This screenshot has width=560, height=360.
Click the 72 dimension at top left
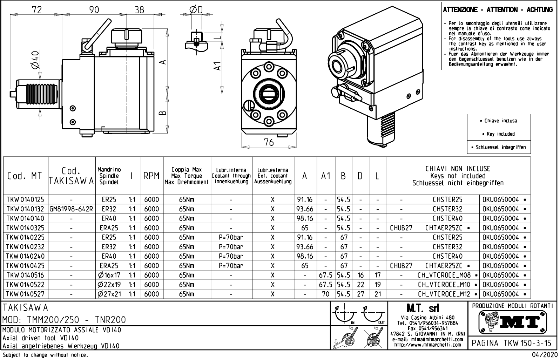coord(36,9)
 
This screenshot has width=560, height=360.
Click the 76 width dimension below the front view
coord(269,142)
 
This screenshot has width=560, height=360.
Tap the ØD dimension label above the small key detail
coord(196,9)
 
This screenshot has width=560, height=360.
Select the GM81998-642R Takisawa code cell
coord(71,209)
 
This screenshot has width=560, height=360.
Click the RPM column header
coord(151,176)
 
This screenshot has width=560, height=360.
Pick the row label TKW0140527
coord(25,294)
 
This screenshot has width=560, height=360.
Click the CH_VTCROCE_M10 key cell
coord(448,285)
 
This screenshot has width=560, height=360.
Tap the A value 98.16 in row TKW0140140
coord(305,218)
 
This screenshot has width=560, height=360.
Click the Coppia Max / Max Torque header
coord(187,176)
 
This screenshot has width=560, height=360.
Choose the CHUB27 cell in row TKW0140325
coord(401,228)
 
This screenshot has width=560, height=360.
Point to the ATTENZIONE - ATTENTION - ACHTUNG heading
coord(498,10)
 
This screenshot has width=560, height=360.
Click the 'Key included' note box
coord(499,134)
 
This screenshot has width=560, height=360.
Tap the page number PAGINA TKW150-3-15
coord(512,342)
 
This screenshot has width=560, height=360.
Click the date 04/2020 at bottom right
coord(545,355)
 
